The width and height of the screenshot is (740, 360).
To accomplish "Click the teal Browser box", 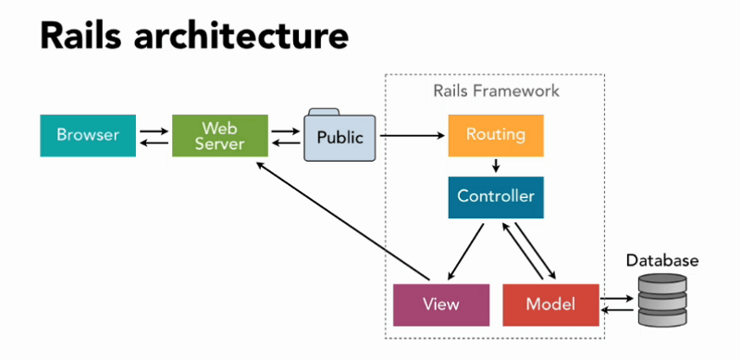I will (x=88, y=135).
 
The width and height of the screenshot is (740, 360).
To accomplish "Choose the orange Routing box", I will (x=495, y=135).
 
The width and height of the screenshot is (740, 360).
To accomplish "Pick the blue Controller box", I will (x=495, y=197).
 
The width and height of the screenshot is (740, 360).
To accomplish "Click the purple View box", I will (x=440, y=304).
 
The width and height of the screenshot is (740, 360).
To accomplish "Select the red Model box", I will (x=550, y=304).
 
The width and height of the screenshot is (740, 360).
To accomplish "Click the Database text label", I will (x=660, y=261).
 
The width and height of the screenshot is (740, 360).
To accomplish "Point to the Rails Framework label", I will (x=496, y=92).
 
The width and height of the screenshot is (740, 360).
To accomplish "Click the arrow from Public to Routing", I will (x=412, y=136).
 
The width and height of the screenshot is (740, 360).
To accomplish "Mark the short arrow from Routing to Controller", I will (x=496, y=167).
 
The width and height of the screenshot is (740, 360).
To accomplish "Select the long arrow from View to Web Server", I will (x=342, y=222).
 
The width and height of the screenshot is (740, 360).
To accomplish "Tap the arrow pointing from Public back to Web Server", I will (x=286, y=143).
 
